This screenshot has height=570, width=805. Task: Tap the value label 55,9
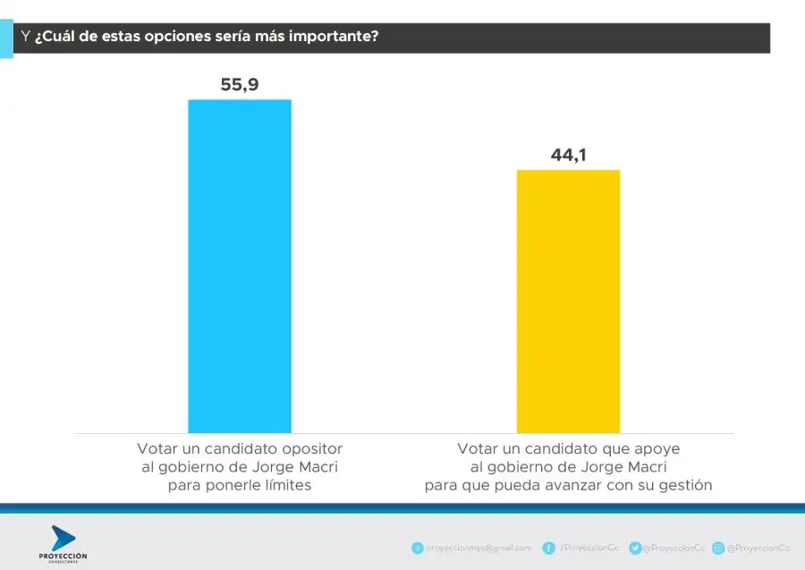click(x=239, y=85)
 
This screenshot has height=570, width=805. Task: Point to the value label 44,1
click(x=568, y=155)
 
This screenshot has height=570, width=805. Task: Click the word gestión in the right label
click(x=685, y=486)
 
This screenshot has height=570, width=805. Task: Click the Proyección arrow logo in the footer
click(x=63, y=539)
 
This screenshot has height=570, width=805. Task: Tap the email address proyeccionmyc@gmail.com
click(x=478, y=548)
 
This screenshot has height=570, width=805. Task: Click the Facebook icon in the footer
click(x=548, y=548)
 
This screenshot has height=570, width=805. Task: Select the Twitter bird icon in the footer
click(x=634, y=548)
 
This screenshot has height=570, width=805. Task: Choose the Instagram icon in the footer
click(x=717, y=548)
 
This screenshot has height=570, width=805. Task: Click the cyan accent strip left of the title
click(x=6, y=41)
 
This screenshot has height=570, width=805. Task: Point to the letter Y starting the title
click(x=25, y=38)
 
